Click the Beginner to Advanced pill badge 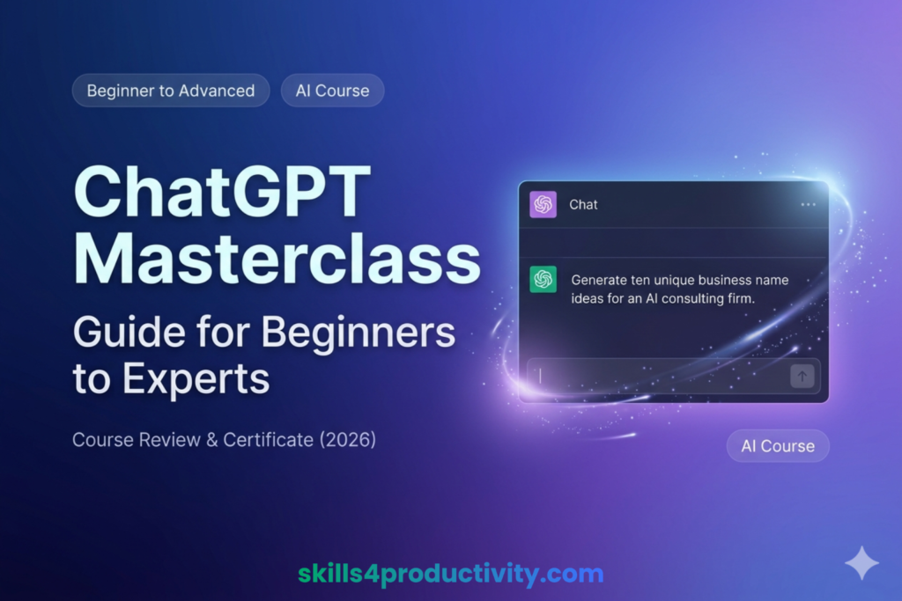[x=171, y=90]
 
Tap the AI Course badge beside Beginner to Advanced [x=332, y=90]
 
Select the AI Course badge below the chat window [x=778, y=446]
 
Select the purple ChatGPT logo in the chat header [x=543, y=204]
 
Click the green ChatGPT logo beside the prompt [x=543, y=280]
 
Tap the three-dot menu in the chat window [x=808, y=205]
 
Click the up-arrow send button [x=802, y=376]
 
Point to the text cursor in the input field [x=540, y=376]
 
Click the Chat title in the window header [x=583, y=204]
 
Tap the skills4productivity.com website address [x=450, y=575]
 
